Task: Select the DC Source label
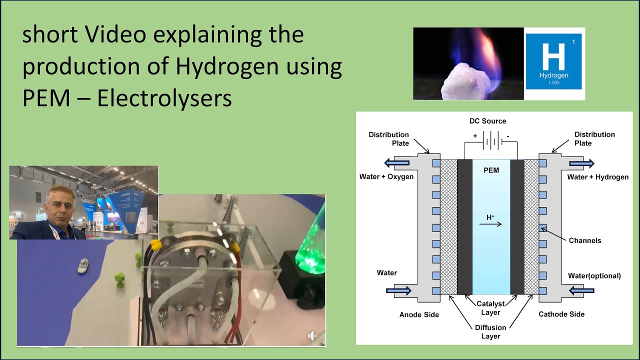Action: pyautogui.click(x=487, y=121)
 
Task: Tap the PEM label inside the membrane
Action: pyautogui.click(x=491, y=170)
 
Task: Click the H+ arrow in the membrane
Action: pyautogui.click(x=490, y=223)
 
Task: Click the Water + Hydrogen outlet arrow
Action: pyautogui.click(x=581, y=163)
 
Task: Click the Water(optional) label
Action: pyautogui.click(x=594, y=276)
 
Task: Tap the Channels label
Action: pyautogui.click(x=585, y=240)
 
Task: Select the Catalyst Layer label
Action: pyautogui.click(x=490, y=308)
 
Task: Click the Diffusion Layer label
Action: pyautogui.click(x=490, y=332)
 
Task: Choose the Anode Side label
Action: pyautogui.click(x=419, y=314)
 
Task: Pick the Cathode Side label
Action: pyautogui.click(x=561, y=314)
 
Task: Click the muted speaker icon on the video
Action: pyautogui.click(x=313, y=336)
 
